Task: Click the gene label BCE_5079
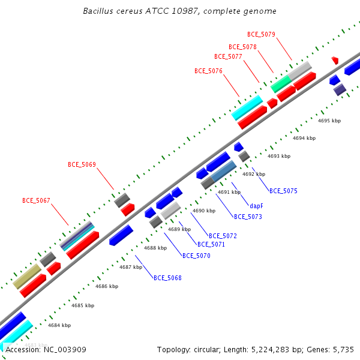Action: point(261,34)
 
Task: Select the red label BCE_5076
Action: point(208,71)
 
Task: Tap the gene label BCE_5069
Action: point(82,164)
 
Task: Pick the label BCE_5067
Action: point(36,200)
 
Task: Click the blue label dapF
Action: point(256,206)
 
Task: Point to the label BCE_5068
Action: point(167,278)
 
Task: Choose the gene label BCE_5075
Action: point(283,191)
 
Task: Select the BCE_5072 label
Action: point(223,236)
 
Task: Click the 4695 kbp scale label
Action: point(329,121)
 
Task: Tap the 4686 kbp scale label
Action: point(107,286)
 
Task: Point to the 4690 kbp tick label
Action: point(204,211)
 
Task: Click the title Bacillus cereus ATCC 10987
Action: point(141,11)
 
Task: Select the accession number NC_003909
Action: point(65,350)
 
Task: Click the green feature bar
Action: point(281,84)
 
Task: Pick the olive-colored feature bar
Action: point(27,277)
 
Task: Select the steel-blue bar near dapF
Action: point(224,171)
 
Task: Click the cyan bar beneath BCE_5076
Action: point(247,107)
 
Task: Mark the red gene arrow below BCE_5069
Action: point(128,209)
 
